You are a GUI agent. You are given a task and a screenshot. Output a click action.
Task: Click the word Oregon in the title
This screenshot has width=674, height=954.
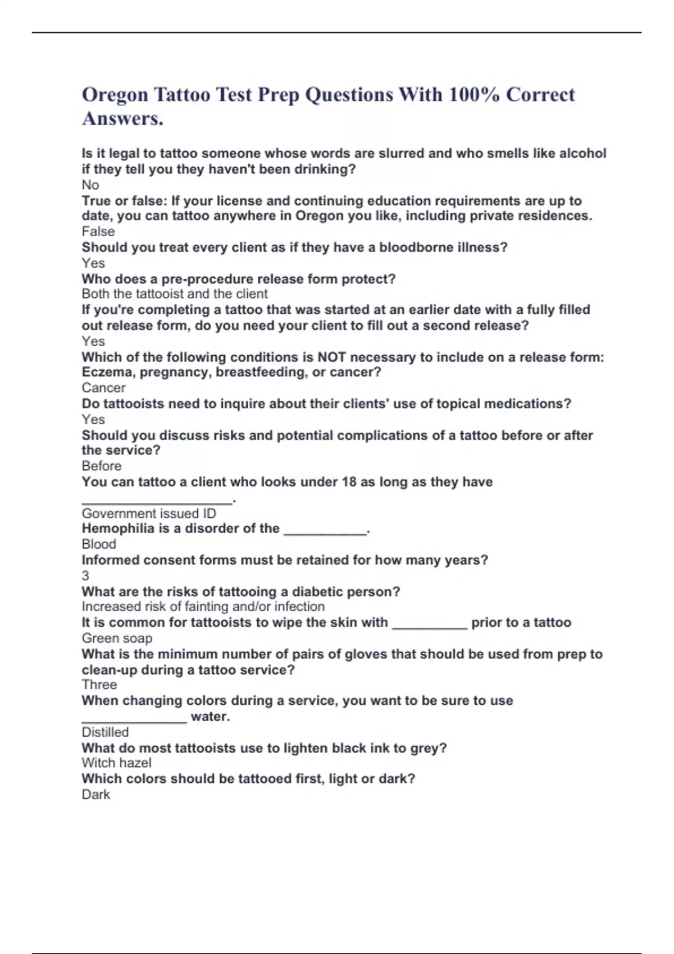115,95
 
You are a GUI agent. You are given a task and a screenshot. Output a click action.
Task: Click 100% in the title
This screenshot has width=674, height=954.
473,95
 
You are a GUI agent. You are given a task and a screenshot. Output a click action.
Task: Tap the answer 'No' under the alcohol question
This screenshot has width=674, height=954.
90,185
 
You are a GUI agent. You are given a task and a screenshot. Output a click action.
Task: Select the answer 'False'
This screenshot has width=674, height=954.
98,232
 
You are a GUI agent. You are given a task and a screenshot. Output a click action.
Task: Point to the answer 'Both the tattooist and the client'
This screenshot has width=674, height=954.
175,294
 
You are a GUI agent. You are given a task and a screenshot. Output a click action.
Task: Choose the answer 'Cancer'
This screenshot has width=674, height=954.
103,388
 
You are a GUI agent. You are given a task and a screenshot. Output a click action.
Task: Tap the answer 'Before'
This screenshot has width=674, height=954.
102,466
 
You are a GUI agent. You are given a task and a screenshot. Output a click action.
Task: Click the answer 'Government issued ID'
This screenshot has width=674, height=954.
149,513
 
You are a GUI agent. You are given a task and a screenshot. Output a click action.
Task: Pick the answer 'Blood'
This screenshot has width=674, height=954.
99,544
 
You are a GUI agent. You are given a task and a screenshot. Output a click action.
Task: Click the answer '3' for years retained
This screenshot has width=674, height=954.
85,576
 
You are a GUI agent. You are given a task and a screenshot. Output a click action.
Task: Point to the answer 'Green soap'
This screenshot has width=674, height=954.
117,639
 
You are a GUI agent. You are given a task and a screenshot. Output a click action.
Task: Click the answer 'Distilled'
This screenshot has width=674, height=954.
105,732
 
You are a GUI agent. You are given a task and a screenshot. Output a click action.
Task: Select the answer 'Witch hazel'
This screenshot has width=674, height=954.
116,763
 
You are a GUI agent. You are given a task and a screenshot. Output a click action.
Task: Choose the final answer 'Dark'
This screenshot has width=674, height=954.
96,795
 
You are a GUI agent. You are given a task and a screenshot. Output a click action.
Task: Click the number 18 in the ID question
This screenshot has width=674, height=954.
349,482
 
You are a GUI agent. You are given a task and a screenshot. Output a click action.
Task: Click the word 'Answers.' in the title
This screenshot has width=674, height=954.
122,119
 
